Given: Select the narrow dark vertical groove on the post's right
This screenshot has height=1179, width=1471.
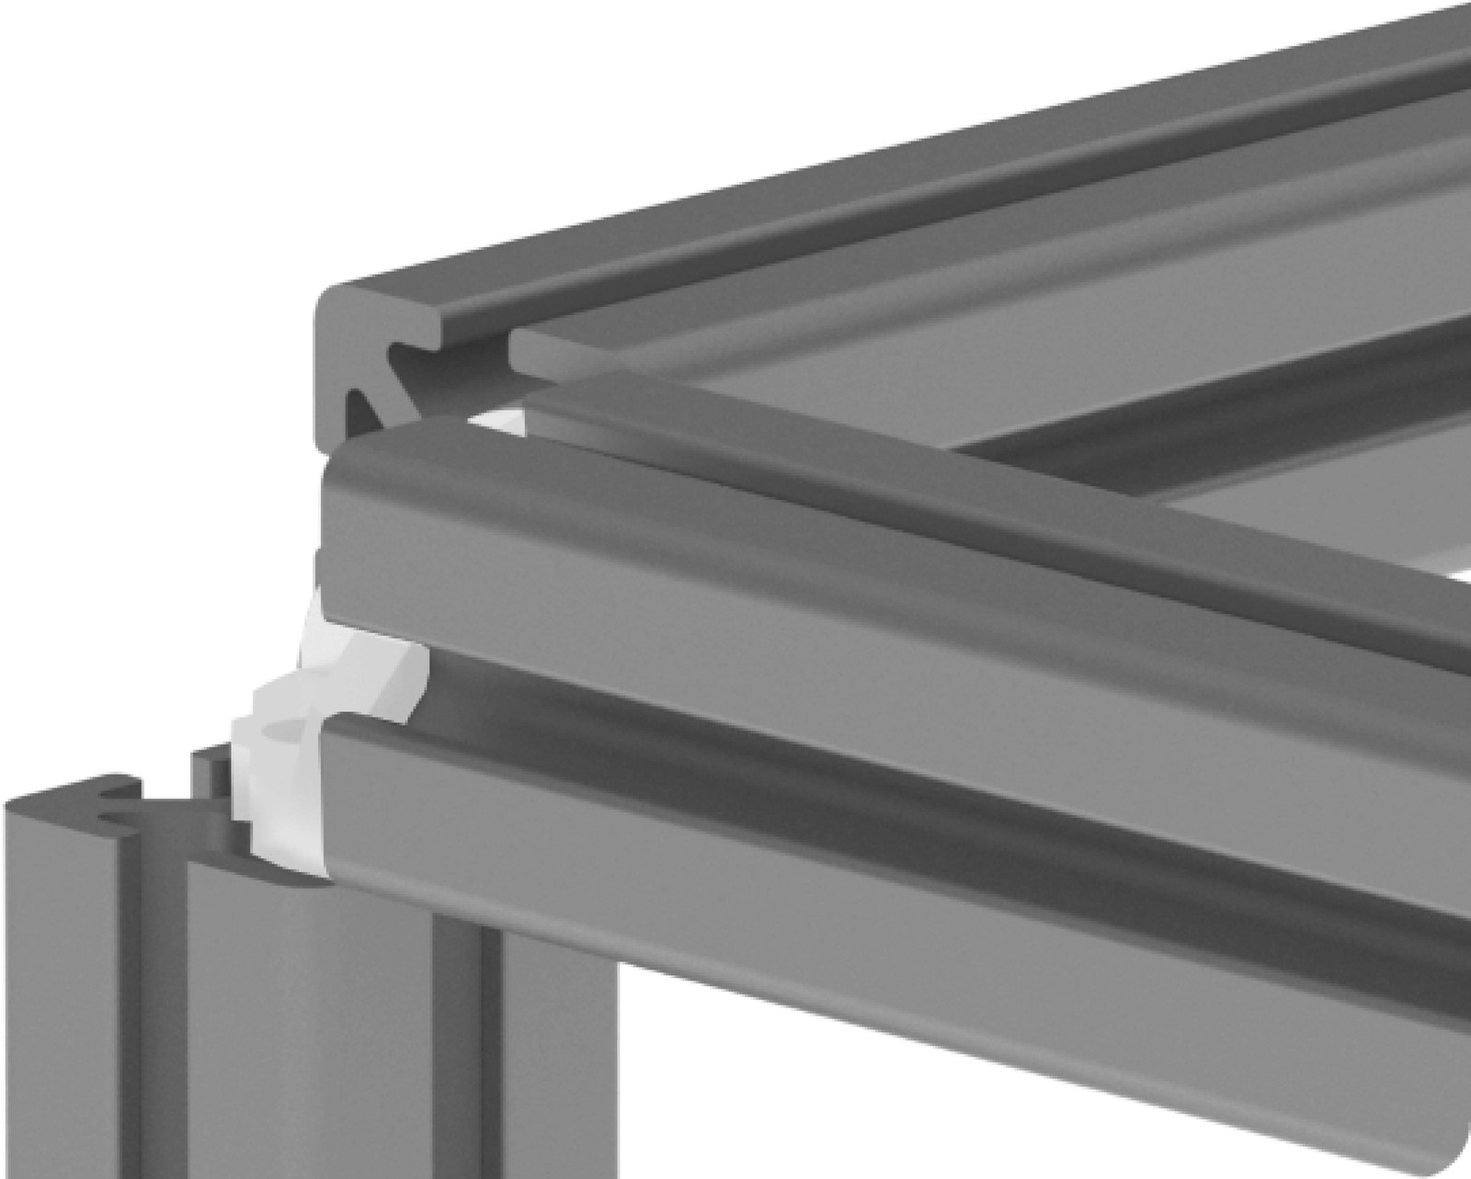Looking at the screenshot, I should coord(492,1057).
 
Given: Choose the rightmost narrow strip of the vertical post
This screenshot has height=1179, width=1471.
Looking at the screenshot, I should coord(561,1057).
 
